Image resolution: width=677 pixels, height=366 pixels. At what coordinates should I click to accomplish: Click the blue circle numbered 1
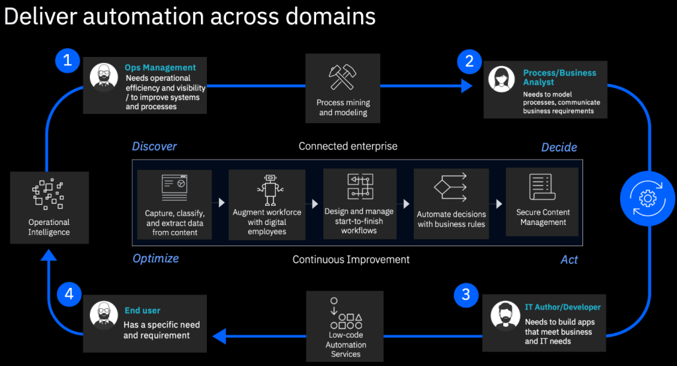[66, 61]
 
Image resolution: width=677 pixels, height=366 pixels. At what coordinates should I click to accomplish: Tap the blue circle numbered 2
[469, 62]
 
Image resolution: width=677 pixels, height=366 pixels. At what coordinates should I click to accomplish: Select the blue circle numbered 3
[465, 293]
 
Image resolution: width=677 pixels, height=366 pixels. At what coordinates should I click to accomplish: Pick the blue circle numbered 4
[68, 293]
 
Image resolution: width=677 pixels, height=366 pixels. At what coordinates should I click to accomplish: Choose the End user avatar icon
[104, 315]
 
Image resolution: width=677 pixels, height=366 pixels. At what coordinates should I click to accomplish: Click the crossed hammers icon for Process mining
[343, 76]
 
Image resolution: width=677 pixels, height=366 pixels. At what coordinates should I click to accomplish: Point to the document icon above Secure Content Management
[541, 187]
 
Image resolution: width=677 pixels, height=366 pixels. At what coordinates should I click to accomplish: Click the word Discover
[154, 146]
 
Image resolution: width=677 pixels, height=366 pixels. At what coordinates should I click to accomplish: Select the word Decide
[559, 147]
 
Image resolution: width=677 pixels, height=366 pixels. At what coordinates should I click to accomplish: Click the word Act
[569, 259]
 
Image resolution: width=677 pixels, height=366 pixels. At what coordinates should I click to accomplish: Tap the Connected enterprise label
[348, 146]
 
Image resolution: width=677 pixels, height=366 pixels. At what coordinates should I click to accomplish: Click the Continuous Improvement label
[351, 259]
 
